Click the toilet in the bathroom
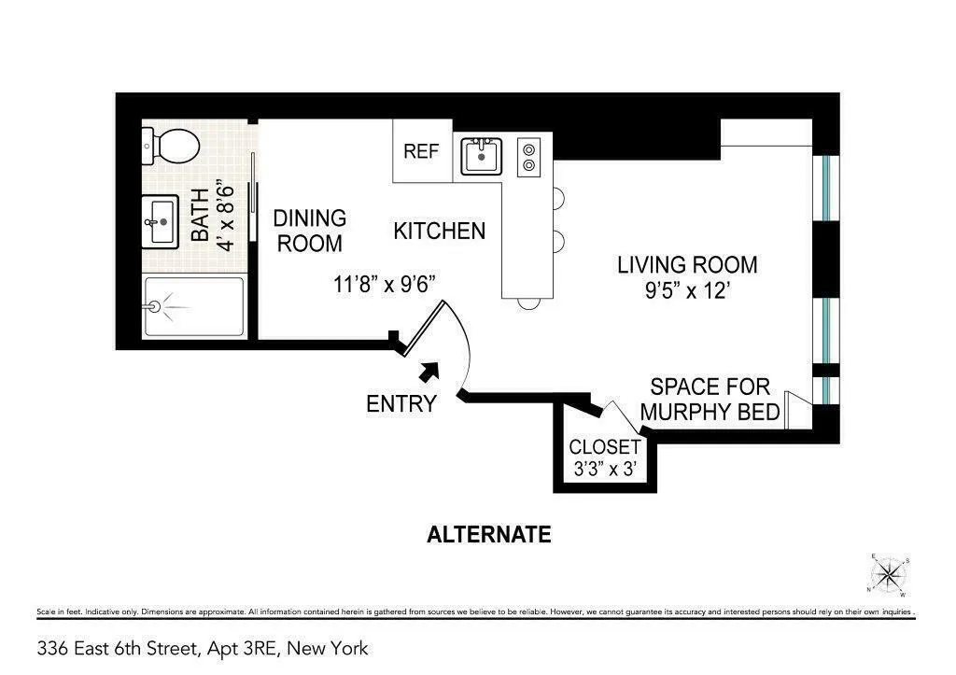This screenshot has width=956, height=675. pos(172,146)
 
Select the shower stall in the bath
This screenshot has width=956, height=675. pos(194,307)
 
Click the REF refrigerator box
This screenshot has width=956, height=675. pos(421,151)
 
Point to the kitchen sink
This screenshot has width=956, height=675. pos(482,156)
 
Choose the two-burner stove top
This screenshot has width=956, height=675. pos(529,156)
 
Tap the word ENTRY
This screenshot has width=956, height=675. pos(401,404)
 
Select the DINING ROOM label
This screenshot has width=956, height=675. pos(309,231)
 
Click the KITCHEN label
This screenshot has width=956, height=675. pos(439,231)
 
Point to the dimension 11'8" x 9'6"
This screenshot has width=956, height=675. pos(387,282)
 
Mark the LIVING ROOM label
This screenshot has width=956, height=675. pos(687,265)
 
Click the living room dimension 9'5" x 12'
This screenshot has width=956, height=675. pos(685,291)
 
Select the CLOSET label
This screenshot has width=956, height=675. pos(605,447)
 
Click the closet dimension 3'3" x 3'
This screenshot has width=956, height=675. pos(605,470)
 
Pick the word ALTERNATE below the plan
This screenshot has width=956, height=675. pos(488,535)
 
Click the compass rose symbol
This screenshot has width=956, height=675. pos(891,573)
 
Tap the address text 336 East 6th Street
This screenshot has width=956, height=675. pos(203,648)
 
